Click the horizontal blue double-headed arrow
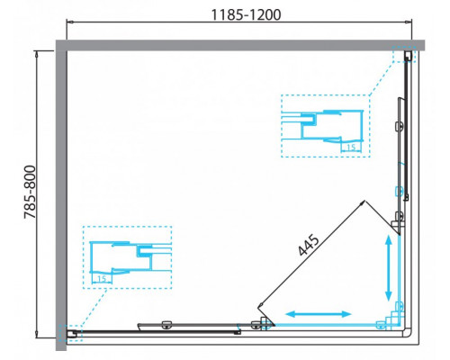[319, 314]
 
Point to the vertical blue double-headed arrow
[388, 267]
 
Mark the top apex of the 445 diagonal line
[363, 199]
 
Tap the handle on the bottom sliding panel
[166, 325]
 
